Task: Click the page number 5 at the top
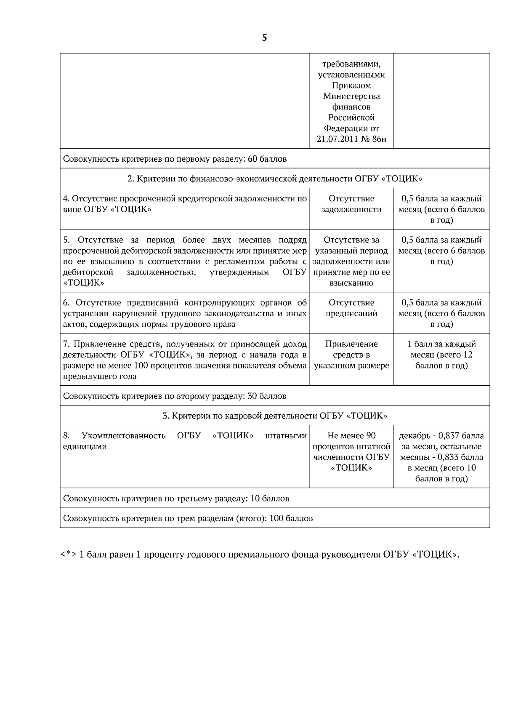(264, 38)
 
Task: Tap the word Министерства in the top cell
(351, 96)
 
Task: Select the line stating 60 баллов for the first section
(175, 159)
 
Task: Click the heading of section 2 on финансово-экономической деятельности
(275, 179)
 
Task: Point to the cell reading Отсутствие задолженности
(351, 204)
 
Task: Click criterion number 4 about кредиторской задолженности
(184, 204)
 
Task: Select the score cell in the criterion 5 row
(441, 251)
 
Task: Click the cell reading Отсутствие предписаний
(351, 308)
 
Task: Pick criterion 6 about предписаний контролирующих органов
(184, 313)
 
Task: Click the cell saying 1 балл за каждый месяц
(441, 355)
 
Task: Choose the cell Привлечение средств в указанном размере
(351, 355)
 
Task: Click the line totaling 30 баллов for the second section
(175, 396)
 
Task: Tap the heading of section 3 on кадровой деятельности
(275, 416)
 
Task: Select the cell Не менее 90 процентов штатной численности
(351, 452)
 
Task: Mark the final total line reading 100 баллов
(188, 518)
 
